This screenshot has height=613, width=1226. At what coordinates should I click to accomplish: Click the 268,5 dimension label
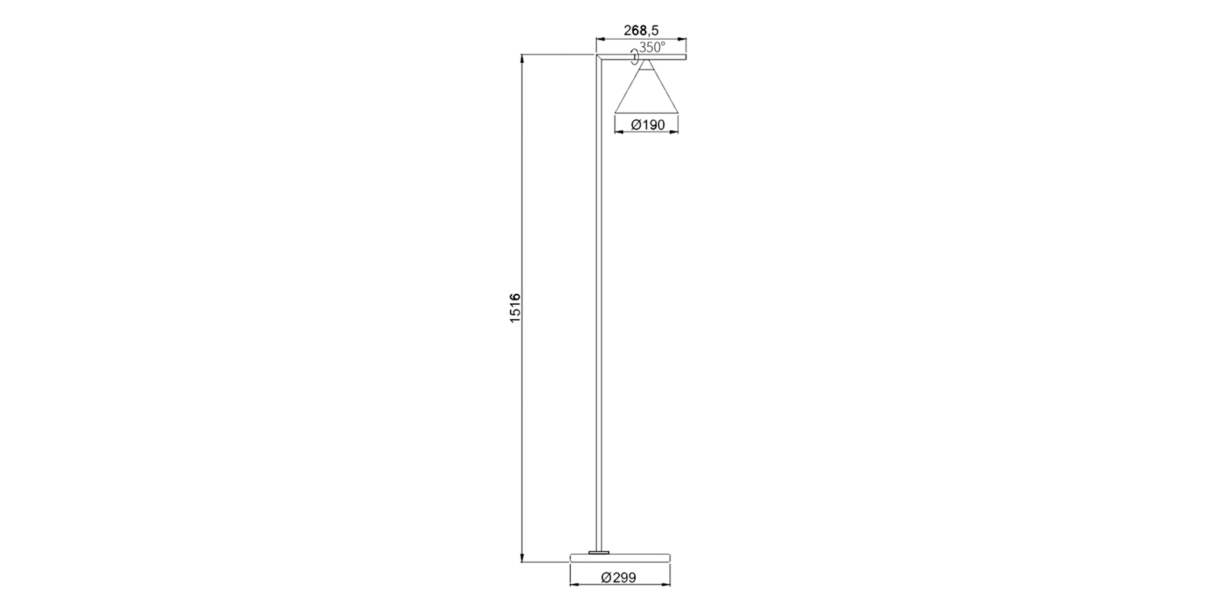641,31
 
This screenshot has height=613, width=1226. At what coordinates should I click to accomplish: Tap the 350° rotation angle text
652,47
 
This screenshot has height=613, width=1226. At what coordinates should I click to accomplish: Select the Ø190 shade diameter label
648,124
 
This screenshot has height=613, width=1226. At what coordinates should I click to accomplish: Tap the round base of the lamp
620,558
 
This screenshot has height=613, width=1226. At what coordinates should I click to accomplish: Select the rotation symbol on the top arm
634,57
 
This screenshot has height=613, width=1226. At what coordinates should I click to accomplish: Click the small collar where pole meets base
599,552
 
